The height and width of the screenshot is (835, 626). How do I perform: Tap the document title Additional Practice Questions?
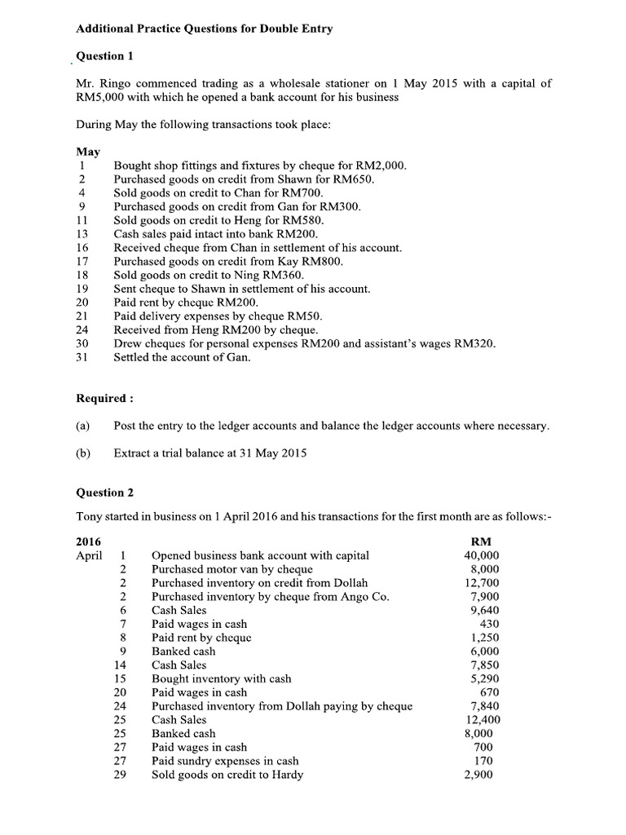[204, 29]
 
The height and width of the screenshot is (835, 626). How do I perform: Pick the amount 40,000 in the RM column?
[482, 555]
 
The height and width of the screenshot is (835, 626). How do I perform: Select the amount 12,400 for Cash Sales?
[482, 720]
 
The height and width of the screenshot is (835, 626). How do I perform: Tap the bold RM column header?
[481, 541]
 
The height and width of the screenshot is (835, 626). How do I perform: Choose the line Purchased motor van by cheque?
[232, 569]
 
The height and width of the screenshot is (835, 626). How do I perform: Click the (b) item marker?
[82, 453]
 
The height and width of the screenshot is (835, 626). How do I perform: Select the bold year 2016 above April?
[89, 541]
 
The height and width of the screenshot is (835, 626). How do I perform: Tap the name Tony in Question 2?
[90, 516]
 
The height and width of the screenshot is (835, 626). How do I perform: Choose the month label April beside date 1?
[89, 555]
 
